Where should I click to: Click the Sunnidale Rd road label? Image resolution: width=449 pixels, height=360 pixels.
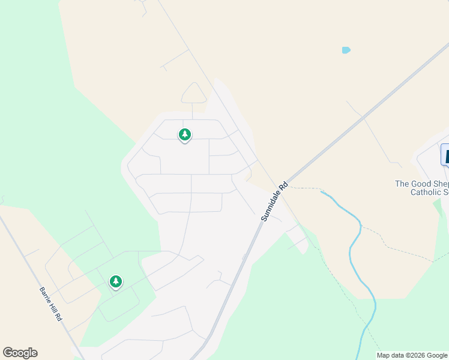click(275, 203)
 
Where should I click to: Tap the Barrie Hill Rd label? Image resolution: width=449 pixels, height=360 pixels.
click(52, 305)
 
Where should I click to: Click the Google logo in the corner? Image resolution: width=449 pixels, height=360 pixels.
click(20, 353)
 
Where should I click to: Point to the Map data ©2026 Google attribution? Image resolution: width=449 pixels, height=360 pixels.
click(412, 355)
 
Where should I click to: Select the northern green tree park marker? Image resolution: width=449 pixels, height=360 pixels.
click(185, 135)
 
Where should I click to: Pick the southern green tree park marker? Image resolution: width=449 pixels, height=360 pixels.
click(116, 281)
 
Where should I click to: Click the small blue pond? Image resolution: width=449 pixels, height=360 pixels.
click(346, 50)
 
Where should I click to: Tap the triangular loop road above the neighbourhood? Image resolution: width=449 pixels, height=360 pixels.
click(194, 94)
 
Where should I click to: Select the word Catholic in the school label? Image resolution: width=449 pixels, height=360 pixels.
click(426, 193)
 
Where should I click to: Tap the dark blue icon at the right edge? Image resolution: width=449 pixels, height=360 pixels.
click(445, 154)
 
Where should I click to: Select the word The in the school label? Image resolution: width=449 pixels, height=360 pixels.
click(402, 184)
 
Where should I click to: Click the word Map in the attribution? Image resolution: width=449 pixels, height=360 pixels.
click(384, 355)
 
